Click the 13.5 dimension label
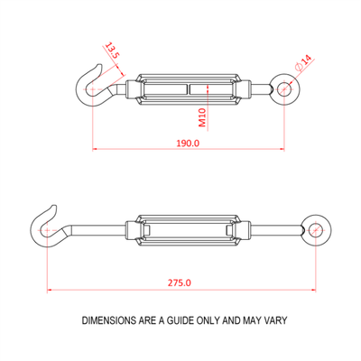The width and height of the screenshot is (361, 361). tap(112, 51)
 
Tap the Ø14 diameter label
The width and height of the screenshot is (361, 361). tap(304, 63)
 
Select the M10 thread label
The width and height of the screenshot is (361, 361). tap(202, 117)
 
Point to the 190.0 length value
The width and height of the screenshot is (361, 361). tap(188, 143)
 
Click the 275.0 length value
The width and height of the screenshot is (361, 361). tap(180, 283)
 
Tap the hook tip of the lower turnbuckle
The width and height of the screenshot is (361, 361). tap(53, 207)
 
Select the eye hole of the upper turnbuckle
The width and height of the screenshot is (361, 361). tap(283, 88)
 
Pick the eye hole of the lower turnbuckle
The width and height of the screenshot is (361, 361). tap(315, 230)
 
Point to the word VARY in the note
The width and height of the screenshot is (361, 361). tap(275, 320)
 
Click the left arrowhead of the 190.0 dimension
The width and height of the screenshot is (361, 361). tap(95, 149)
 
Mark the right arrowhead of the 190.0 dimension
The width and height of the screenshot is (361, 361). tap(282, 149)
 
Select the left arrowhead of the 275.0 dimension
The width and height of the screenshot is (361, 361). tap(51, 290)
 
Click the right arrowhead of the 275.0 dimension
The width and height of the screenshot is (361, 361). tap(313, 290)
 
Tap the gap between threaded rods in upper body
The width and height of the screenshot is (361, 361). tap(188, 89)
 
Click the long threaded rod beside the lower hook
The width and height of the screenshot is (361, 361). tap(97, 230)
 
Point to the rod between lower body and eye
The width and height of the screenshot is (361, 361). tap(275, 230)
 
